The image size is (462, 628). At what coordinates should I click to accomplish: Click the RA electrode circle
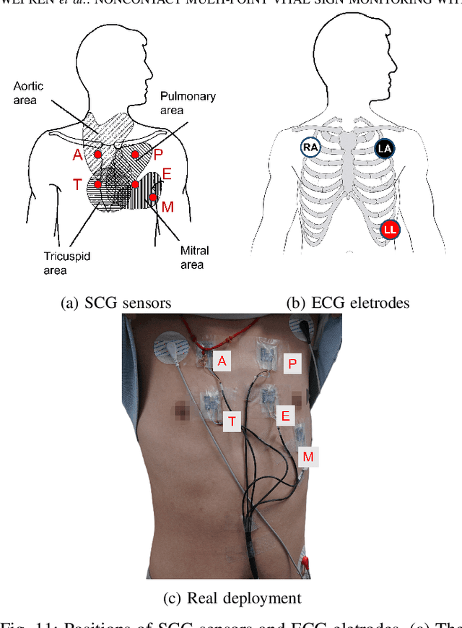310,148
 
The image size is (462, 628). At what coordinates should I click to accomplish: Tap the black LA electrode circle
384,149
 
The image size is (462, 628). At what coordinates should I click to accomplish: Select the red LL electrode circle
391,229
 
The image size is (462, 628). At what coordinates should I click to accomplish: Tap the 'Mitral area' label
193,257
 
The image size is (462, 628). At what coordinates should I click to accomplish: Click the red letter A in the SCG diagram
77,154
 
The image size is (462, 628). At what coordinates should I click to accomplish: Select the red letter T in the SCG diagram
77,185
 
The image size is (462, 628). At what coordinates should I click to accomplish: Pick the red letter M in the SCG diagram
167,207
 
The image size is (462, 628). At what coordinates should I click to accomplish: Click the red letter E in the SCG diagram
167,174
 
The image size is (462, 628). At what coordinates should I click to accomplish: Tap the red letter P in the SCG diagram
158,154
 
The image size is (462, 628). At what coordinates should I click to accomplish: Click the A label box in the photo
222,361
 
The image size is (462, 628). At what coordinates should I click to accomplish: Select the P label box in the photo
292,364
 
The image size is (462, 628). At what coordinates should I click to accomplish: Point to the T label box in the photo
232,421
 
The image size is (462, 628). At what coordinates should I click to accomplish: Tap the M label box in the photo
308,457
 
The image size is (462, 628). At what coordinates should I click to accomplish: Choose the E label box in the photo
285,415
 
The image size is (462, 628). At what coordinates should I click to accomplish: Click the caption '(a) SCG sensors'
116,303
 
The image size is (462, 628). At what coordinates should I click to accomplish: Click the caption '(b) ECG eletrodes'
347,303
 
